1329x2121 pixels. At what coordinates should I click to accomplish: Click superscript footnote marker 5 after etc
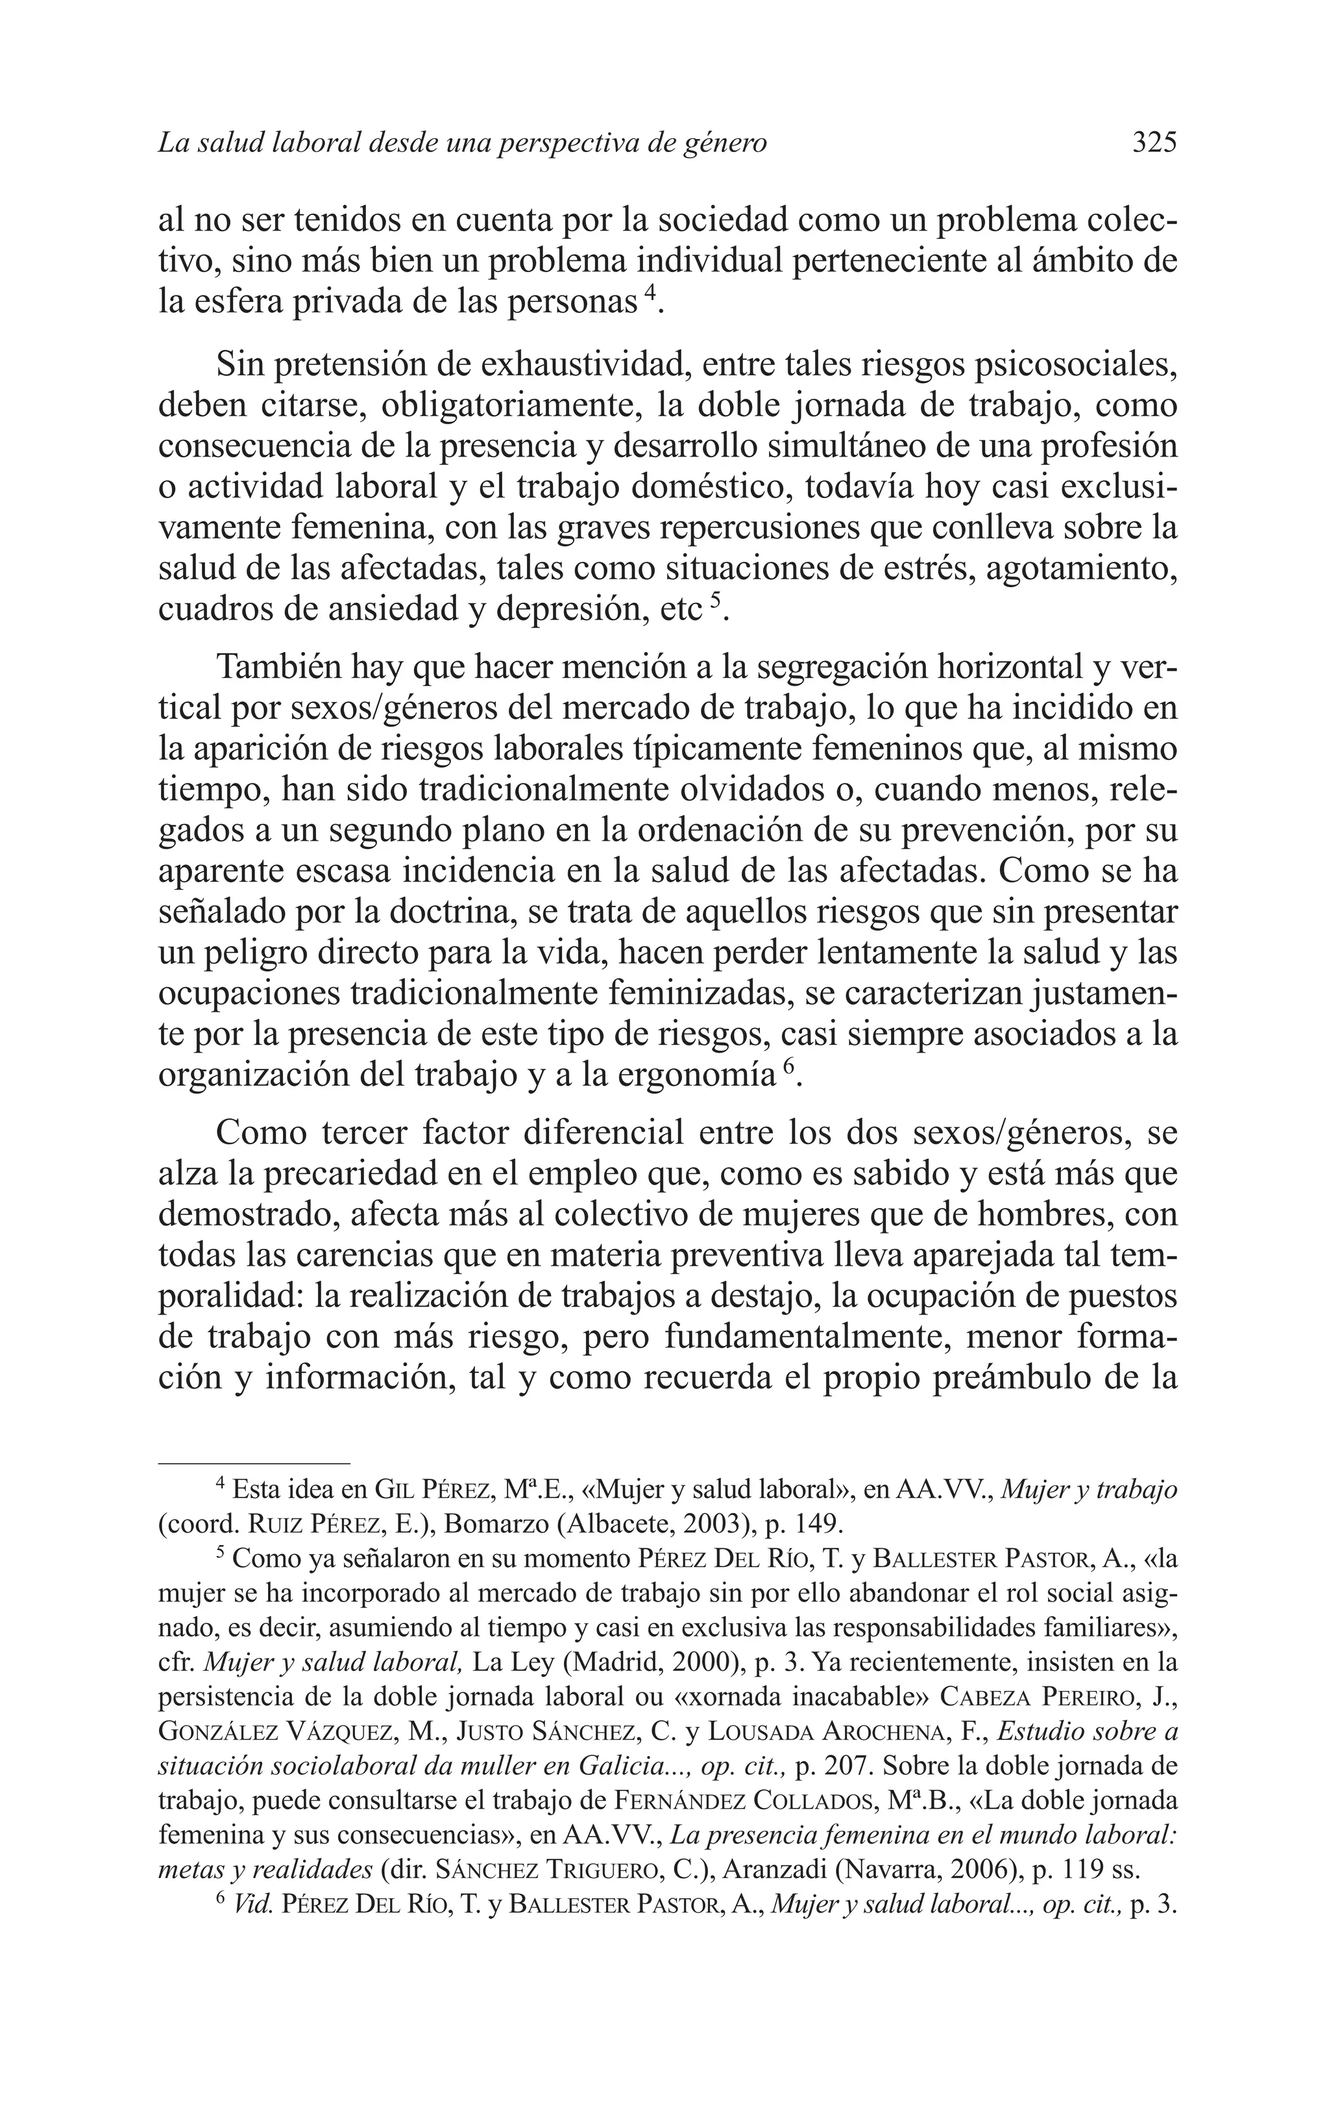point(714,599)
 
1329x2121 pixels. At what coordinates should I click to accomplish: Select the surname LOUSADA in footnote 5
point(761,1731)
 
